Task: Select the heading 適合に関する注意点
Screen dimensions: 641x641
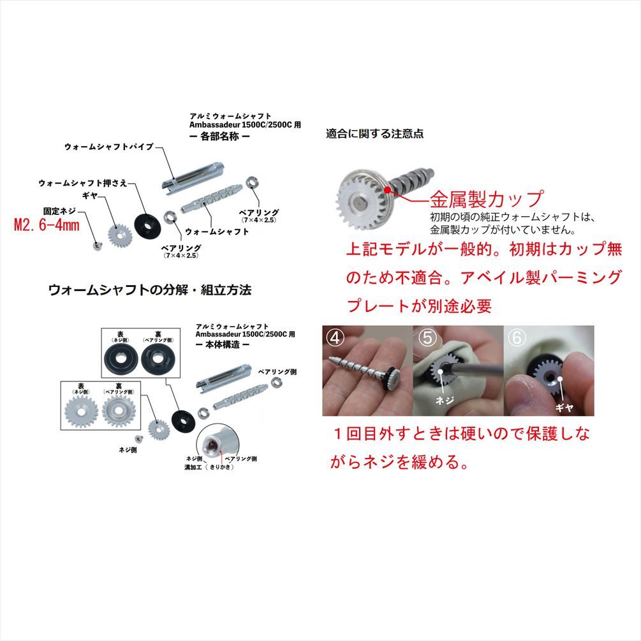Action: click(374, 134)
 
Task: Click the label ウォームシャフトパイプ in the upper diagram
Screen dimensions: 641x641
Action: click(109, 147)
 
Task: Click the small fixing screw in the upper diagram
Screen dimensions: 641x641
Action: click(97, 244)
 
